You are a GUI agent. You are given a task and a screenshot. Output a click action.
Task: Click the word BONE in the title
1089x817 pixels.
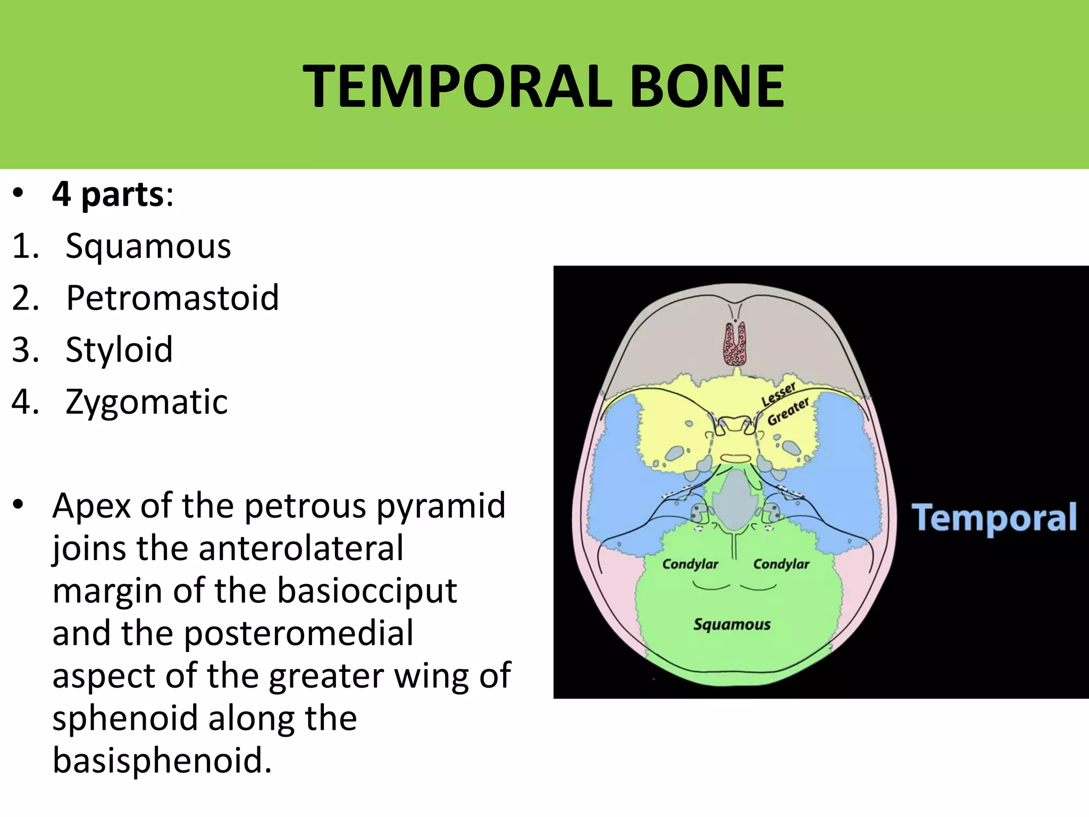(x=707, y=86)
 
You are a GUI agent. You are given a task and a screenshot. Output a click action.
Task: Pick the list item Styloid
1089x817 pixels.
(x=119, y=350)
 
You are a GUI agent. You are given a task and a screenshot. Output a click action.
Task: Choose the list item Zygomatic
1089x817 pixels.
(x=146, y=402)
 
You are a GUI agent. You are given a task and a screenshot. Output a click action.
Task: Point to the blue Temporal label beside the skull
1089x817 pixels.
(x=994, y=518)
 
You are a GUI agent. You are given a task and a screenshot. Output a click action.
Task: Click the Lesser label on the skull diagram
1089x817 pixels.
(x=778, y=394)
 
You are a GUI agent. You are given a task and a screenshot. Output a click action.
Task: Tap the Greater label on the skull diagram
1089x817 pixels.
(x=788, y=411)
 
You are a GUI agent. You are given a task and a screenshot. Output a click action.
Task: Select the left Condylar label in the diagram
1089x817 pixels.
(x=690, y=564)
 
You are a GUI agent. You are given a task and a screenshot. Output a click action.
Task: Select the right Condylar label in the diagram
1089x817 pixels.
(x=781, y=564)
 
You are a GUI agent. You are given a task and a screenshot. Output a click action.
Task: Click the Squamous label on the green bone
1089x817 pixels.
(x=732, y=624)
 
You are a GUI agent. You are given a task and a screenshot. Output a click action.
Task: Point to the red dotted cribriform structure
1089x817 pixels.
(x=735, y=346)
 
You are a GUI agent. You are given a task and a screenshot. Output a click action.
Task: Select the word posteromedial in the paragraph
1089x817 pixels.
(x=298, y=633)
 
